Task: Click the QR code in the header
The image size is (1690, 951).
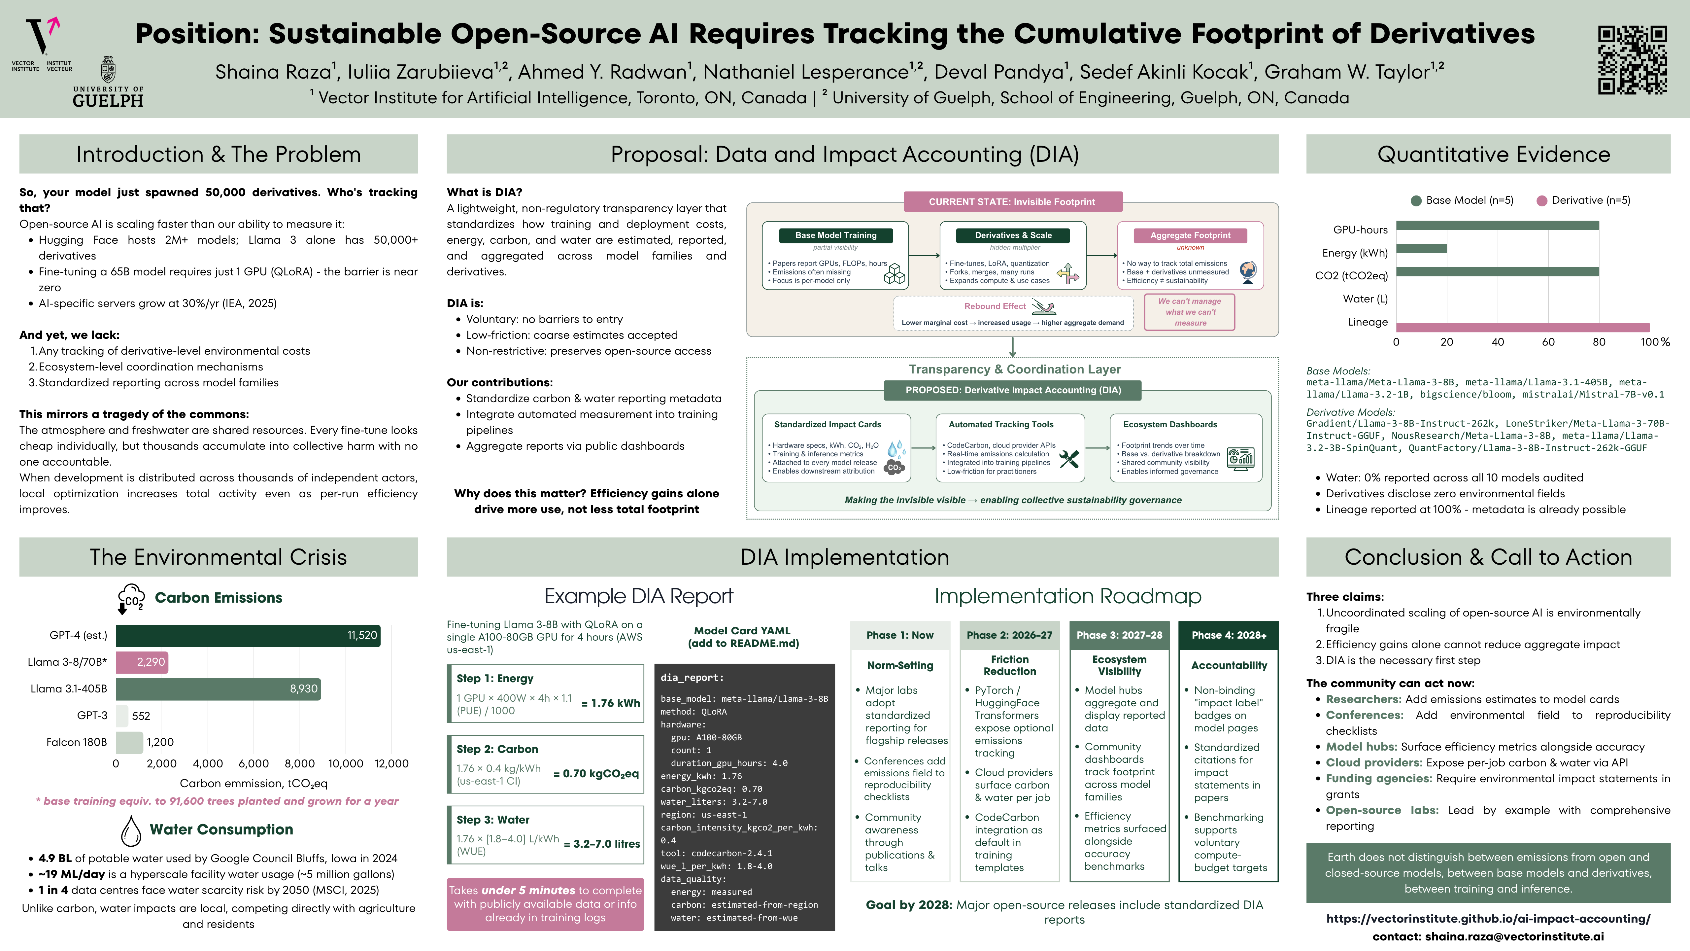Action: pyautogui.click(x=1632, y=60)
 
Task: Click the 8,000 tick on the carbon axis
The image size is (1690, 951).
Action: pyautogui.click(x=300, y=763)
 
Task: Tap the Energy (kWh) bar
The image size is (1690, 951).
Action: pyautogui.click(x=1421, y=249)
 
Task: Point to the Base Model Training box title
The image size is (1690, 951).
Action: pyautogui.click(x=836, y=235)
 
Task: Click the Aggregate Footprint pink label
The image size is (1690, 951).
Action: pyautogui.click(x=1190, y=235)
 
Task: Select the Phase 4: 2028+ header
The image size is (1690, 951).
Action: pyautogui.click(x=1229, y=635)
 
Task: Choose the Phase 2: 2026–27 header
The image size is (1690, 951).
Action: pyautogui.click(x=1010, y=635)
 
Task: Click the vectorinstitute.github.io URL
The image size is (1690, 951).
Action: pyautogui.click(x=1488, y=919)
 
